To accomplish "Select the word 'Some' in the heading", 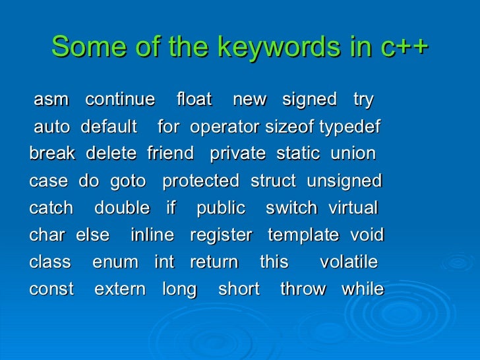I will [x=82, y=47].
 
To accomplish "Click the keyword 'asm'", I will [x=51, y=100].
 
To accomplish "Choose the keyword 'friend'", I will [x=170, y=154].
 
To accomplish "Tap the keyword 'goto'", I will [x=129, y=181].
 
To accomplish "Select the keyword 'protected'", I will [x=200, y=181].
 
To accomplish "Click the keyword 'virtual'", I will [x=353, y=208].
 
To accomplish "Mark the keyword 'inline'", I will [x=152, y=235].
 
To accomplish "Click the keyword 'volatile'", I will [x=348, y=262].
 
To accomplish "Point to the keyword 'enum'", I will [x=115, y=262].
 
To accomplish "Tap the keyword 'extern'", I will [x=120, y=289].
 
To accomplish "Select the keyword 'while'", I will [x=362, y=289].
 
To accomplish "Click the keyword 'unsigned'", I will [x=345, y=181].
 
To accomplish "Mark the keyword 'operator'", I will [x=225, y=127].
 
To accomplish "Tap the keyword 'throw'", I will [x=303, y=289].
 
